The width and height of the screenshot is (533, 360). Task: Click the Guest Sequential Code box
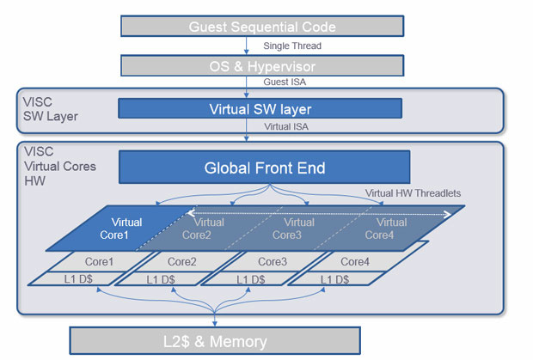(x=262, y=27)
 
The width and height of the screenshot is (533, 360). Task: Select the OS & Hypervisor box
(x=262, y=65)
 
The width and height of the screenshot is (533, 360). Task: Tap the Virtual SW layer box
(x=260, y=108)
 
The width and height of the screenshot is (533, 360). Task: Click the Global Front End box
(x=264, y=168)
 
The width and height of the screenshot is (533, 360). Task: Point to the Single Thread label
(x=292, y=46)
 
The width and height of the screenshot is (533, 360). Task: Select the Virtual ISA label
(x=287, y=126)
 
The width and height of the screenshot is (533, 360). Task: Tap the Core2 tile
(x=183, y=260)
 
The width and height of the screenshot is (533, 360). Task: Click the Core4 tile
(x=355, y=260)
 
